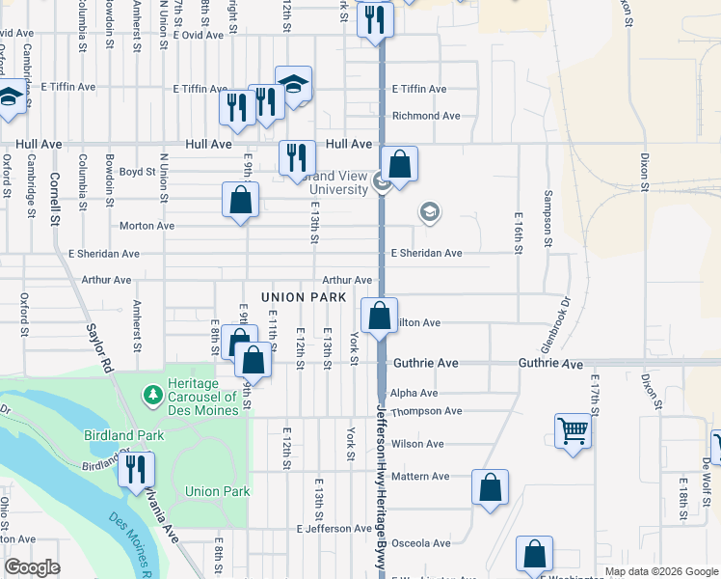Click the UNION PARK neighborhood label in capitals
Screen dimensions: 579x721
point(303,297)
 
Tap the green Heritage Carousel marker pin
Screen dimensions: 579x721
point(151,395)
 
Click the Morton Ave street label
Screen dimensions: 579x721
point(147,226)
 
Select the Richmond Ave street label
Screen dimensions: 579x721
point(426,116)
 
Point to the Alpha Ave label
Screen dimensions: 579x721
point(414,394)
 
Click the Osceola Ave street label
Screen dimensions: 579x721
point(420,543)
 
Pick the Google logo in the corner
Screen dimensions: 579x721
point(32,567)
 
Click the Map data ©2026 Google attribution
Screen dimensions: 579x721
point(660,571)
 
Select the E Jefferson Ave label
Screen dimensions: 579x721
point(334,529)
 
